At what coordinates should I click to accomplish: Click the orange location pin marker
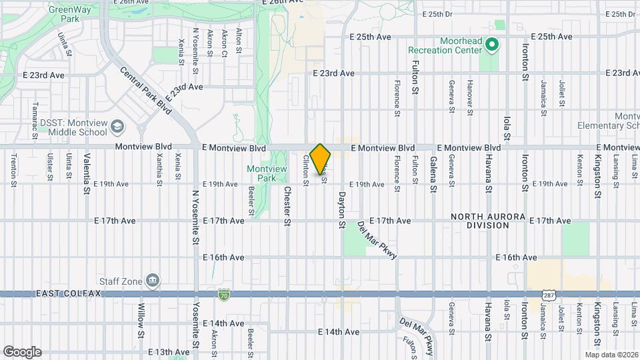click(321, 159)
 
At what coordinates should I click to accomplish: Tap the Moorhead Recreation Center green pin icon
click(492, 45)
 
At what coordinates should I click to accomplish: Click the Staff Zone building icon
click(153, 279)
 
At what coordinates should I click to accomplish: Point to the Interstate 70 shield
click(224, 294)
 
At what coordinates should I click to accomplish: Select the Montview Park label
click(267, 173)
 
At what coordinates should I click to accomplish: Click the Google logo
click(22, 351)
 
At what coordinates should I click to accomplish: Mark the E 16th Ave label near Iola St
click(516, 257)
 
